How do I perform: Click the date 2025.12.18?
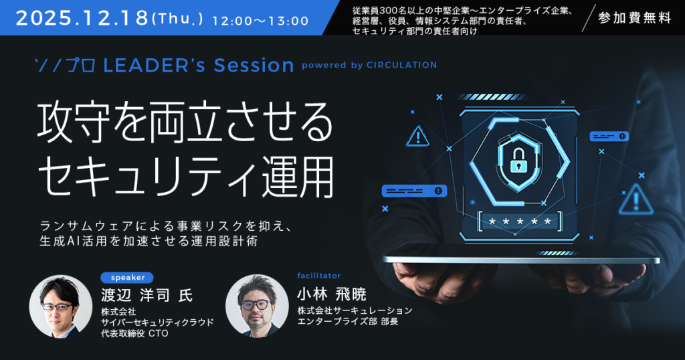pyautogui.click(x=82, y=18)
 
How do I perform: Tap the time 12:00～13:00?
pyautogui.click(x=260, y=21)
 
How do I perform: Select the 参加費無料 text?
pyautogui.click(x=635, y=18)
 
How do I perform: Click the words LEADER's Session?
pyautogui.click(x=198, y=66)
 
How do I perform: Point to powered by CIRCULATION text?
pyautogui.click(x=369, y=65)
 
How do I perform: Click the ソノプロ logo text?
pyautogui.click(x=66, y=66)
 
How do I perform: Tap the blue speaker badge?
pyautogui.click(x=127, y=278)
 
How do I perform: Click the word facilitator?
pyautogui.click(x=319, y=276)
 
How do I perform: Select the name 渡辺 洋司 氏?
pyautogui.click(x=146, y=295)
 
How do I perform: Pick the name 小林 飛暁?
pyautogui.click(x=332, y=294)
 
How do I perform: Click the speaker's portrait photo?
pyautogui.click(x=61, y=306)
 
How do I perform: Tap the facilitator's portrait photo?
pyautogui.click(x=257, y=306)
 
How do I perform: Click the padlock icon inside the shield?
pyautogui.click(x=518, y=161)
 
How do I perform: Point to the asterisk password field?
pyautogui.click(x=519, y=222)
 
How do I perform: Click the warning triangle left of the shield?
pyautogui.click(x=418, y=136)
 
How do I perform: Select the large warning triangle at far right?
pyautogui.click(x=636, y=199)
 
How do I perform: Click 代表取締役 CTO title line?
pyautogui.click(x=134, y=333)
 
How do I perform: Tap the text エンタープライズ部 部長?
pyautogui.click(x=348, y=322)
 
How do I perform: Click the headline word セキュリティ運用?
pyautogui.click(x=187, y=176)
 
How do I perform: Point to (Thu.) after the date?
pyautogui.click(x=177, y=19)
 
